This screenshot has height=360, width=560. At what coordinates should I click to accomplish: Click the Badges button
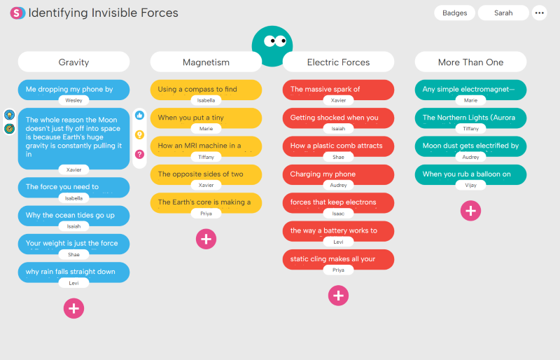tap(455, 13)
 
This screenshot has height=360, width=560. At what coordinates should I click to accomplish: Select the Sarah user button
tap(503, 13)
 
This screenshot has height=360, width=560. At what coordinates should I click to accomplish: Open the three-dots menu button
tap(539, 13)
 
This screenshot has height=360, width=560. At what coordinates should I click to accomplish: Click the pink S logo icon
tap(17, 13)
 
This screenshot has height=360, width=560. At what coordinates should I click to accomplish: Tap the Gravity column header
tap(73, 62)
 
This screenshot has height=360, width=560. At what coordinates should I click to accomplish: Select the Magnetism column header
tap(206, 62)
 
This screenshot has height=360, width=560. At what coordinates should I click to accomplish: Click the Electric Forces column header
tap(338, 62)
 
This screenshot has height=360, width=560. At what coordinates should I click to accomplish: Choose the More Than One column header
tap(470, 62)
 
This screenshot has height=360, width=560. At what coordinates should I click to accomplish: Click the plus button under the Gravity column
tap(73, 307)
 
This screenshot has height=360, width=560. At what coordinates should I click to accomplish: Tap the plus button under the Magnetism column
tap(206, 238)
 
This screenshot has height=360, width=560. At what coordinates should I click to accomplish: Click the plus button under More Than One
tap(470, 210)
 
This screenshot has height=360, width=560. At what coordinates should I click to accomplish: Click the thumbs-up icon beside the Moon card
tap(139, 115)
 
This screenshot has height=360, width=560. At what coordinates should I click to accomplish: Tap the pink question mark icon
tap(139, 153)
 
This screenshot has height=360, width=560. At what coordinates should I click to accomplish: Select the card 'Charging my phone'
tap(338, 174)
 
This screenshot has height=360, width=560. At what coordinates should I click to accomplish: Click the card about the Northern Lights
tap(470, 118)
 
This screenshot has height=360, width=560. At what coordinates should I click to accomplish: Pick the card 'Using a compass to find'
tap(206, 89)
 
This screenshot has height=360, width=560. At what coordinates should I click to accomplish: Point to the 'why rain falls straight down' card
tap(73, 271)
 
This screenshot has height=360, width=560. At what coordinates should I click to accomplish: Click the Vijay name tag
tap(470, 185)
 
